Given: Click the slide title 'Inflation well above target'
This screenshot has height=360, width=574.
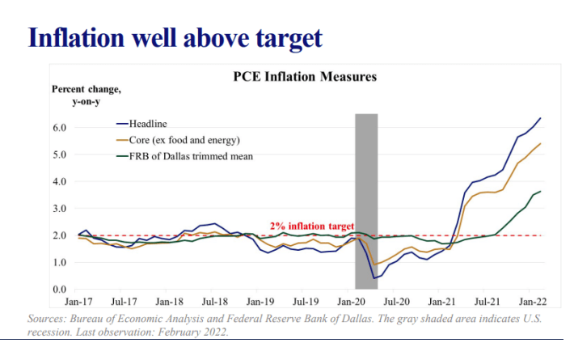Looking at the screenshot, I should pos(175,38).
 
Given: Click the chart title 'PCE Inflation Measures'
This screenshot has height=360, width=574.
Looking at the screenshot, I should pos(305,78).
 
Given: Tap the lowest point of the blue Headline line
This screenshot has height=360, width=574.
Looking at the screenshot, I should pos(374,278).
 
